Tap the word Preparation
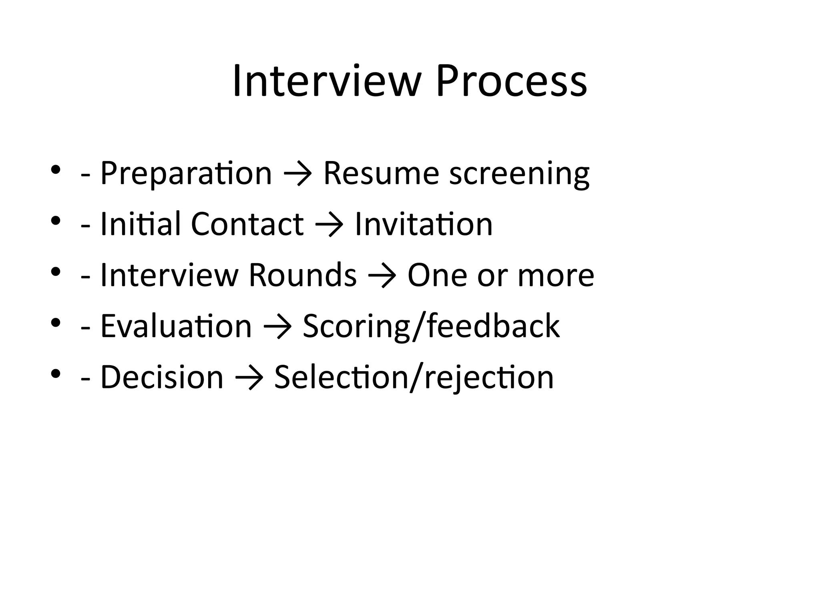(186, 173)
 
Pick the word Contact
(247, 224)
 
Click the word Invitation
(424, 224)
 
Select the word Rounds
(302, 275)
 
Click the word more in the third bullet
(556, 275)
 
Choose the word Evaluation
(176, 326)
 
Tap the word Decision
(162, 377)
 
